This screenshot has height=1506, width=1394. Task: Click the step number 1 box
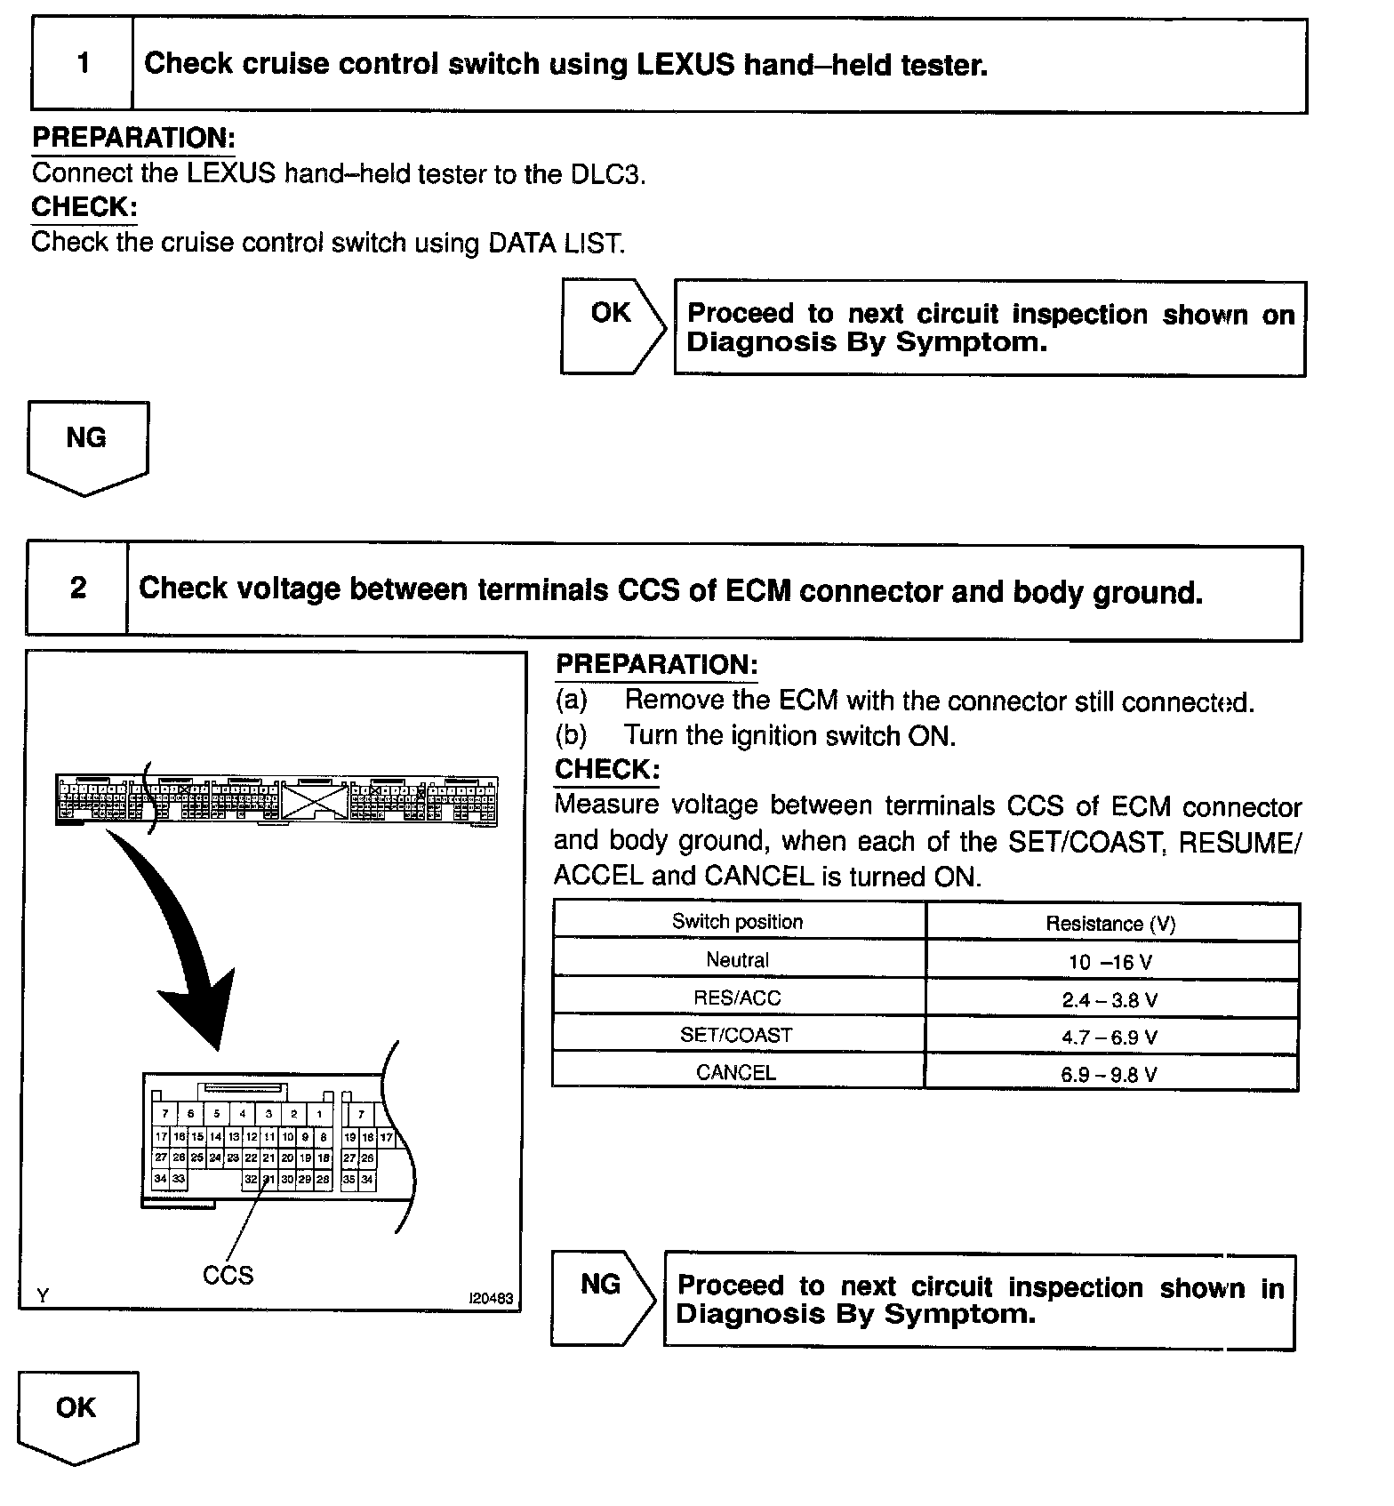click(x=83, y=64)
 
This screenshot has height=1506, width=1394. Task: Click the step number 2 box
click(x=78, y=589)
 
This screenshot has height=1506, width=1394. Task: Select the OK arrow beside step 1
click(x=613, y=326)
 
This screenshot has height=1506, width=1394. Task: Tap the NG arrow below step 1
click(x=87, y=445)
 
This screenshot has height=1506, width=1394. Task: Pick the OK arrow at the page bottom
click(x=77, y=1415)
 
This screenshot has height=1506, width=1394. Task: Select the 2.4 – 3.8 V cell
click(x=1110, y=999)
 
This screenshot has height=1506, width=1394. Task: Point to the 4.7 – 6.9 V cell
click(x=1110, y=1037)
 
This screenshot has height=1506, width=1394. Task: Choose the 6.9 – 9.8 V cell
click(x=1110, y=1074)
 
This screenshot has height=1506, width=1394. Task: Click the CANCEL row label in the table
click(x=736, y=1072)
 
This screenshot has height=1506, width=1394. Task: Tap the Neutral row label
click(x=737, y=960)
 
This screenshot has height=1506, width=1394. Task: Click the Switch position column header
click(x=737, y=922)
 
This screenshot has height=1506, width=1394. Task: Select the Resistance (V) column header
click(x=1110, y=924)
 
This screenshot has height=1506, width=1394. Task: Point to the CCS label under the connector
click(x=228, y=1275)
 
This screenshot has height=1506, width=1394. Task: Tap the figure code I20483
click(x=491, y=1298)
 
